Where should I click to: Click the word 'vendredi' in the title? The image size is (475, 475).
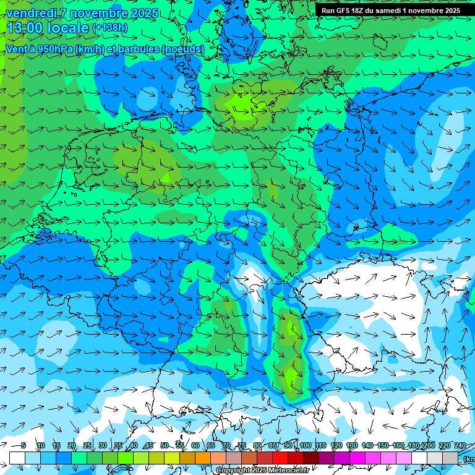point(29,13)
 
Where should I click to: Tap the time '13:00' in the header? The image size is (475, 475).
point(25,28)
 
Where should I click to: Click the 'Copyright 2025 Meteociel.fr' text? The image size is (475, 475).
point(262,471)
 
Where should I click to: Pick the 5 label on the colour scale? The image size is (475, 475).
point(24,446)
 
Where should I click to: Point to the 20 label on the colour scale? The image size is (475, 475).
point(72,446)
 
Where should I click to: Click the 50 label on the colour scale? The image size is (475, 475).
point(165,446)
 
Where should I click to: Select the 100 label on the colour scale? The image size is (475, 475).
point(306,446)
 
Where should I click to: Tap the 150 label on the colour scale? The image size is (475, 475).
point(383,446)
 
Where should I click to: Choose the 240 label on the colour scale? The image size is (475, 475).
point(460,446)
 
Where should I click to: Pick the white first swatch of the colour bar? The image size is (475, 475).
point(17,458)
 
